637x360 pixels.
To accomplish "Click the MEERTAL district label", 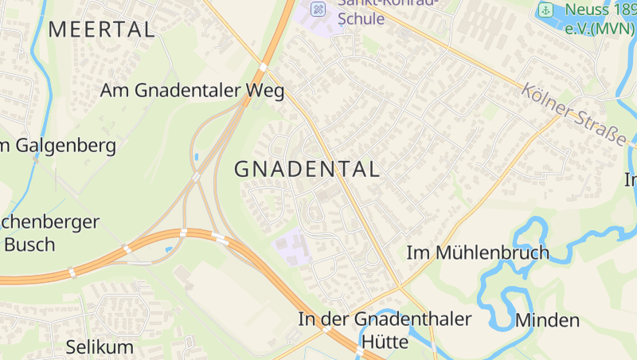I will pos(101,29).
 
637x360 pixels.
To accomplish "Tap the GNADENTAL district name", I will pos(307,169).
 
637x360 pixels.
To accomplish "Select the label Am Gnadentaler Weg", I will pos(192,90).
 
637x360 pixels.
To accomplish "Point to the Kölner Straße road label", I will pos(574,114).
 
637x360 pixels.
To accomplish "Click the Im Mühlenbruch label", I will pos(478,252).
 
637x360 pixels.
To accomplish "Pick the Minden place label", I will pos(547,321).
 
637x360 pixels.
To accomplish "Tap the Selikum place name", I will pos(100,346).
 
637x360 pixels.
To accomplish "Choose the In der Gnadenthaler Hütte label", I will pos(385,319).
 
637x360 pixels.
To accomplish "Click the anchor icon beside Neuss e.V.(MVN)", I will pos(545,10).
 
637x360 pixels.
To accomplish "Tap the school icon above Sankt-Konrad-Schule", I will pos(318,9).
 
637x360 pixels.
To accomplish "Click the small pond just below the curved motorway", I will pos(168,250).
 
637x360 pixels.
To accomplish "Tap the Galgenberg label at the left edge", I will pos(60,146).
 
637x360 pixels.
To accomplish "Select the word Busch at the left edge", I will pos(29,244).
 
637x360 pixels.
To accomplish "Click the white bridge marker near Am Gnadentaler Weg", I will pos(262,67).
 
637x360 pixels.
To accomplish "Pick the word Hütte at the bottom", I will pos(385,342).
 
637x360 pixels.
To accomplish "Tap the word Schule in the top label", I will pos(361,18).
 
